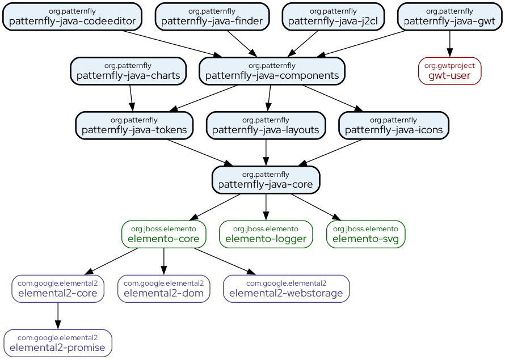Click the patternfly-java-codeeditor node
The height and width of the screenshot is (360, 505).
[x=72, y=16]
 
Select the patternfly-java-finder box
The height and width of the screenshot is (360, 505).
[x=212, y=16]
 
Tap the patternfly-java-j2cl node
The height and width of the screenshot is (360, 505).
[x=333, y=16]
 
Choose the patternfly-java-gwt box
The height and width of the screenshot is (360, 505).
[x=449, y=16]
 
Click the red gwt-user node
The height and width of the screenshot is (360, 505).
[x=449, y=71]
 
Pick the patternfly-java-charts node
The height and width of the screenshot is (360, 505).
[x=128, y=71]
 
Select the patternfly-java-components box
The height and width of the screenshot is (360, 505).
[x=272, y=71]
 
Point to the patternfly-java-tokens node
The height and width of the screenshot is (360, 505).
[x=134, y=125]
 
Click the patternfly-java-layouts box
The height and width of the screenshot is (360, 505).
[x=266, y=125]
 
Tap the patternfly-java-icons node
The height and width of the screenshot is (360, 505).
[x=394, y=125]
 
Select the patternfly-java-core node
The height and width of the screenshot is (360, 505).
[x=266, y=180]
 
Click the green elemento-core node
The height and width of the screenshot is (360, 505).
[x=163, y=234]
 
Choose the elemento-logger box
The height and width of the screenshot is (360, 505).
[x=266, y=234]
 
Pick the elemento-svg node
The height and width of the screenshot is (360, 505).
[x=365, y=234]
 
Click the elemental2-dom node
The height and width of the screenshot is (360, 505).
[x=163, y=289]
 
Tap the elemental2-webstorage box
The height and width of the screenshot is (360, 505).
[x=286, y=289]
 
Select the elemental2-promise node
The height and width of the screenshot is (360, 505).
[x=58, y=343]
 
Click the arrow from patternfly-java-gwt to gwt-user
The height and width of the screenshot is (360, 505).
[x=449, y=44]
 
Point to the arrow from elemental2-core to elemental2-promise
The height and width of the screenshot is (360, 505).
[x=58, y=316]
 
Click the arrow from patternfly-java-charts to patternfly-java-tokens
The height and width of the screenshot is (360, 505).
[x=131, y=98]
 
